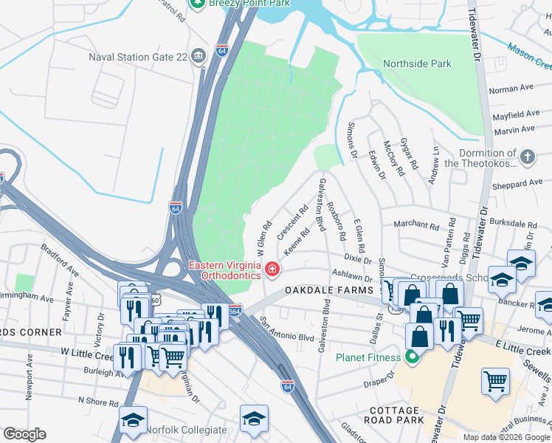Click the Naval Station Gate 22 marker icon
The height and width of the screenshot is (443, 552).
[198, 57]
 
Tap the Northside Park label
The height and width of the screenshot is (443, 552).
[417, 63]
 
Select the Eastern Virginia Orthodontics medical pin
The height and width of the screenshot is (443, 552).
[272, 270]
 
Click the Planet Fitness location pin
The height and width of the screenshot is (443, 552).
[412, 358]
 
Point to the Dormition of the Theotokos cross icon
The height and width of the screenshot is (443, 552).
[527, 157]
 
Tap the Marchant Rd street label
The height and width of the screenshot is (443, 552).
[416, 224]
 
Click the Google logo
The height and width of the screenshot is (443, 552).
[24, 434]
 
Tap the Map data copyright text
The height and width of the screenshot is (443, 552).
[506, 437]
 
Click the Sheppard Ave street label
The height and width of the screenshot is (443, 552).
[517, 184]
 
